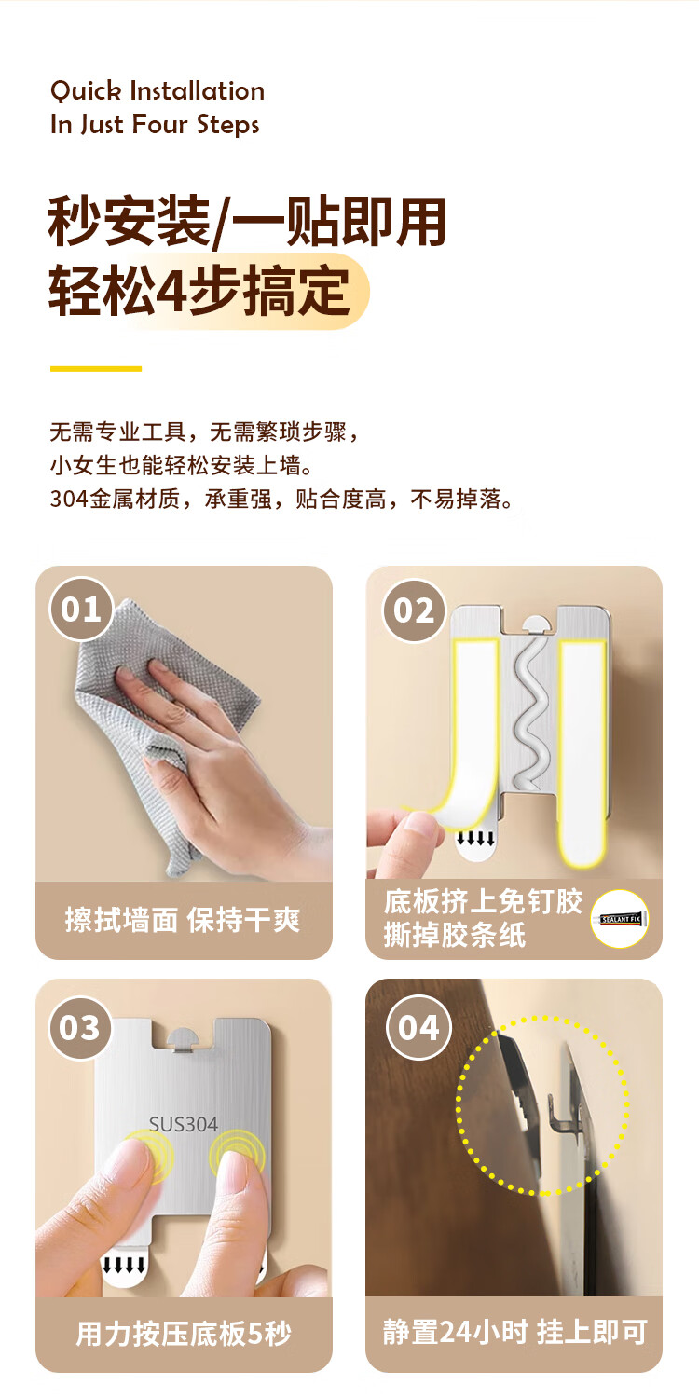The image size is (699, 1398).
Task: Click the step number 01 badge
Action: [x=81, y=609]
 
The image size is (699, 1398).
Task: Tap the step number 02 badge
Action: [x=414, y=610]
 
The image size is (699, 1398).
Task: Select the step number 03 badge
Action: [x=80, y=1028]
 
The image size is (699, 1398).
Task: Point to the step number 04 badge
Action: [x=418, y=1027]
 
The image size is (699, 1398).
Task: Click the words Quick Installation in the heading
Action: [x=158, y=91]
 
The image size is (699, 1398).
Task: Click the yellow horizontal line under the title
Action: [x=96, y=369]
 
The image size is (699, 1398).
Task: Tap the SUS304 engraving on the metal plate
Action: [x=184, y=1124]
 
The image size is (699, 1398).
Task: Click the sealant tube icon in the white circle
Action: [x=621, y=919]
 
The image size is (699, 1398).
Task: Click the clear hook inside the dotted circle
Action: [x=560, y=1114]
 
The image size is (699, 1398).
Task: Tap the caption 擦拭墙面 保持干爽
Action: [x=183, y=921]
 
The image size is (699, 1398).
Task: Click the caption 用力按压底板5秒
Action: [x=184, y=1334]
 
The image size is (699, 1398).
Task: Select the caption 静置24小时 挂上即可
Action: [x=514, y=1332]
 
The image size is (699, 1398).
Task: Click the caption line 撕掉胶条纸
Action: [x=455, y=935]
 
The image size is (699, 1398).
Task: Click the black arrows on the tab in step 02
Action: [x=475, y=838]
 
